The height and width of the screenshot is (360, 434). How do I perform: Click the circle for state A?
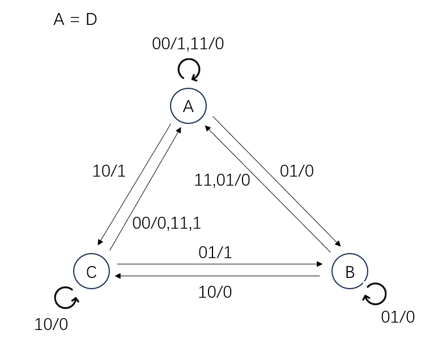click(x=189, y=106)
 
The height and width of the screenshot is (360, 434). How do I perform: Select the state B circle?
click(x=350, y=272)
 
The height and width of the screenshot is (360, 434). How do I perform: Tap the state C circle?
click(x=92, y=272)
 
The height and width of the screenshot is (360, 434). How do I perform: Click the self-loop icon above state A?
click(x=189, y=71)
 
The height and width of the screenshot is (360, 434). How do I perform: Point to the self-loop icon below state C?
click(x=66, y=298)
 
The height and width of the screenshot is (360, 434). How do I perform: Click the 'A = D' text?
click(x=75, y=19)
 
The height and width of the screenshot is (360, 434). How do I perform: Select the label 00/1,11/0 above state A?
click(x=188, y=44)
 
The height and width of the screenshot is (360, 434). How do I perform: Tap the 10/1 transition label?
click(x=109, y=171)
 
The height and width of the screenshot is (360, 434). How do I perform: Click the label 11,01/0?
click(x=222, y=181)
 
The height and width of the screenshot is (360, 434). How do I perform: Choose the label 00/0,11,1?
click(x=167, y=223)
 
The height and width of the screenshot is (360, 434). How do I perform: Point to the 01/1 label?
click(x=215, y=252)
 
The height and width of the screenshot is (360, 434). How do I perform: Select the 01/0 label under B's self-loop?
click(x=398, y=317)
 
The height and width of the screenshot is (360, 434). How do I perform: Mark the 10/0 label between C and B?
click(x=215, y=292)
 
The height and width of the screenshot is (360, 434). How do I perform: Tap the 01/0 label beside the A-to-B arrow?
click(x=297, y=171)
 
